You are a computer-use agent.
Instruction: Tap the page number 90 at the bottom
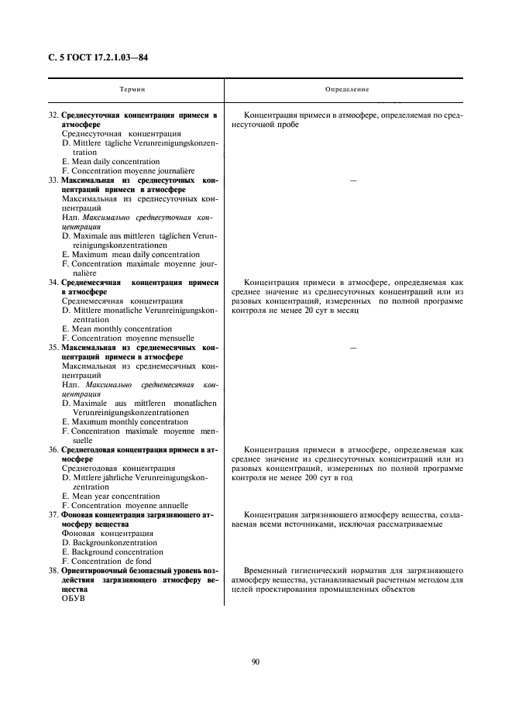tap(256, 661)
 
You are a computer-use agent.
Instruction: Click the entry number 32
tap(53, 115)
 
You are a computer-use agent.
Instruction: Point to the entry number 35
tap(53, 348)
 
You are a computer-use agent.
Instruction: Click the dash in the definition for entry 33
tap(352, 180)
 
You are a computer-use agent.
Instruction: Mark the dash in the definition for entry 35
tap(352, 349)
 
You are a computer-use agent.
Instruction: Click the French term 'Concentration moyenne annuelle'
tap(128, 506)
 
